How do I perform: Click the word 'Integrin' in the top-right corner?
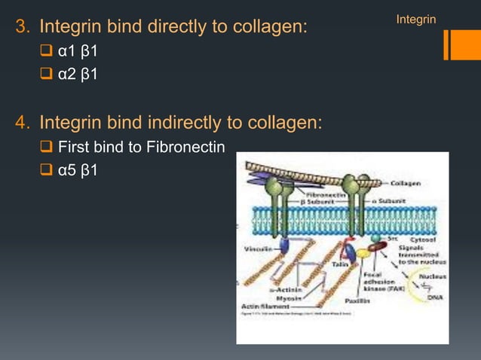pyautogui.click(x=415, y=18)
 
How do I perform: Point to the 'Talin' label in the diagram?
pyautogui.click(x=339, y=264)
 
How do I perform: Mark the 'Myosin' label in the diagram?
pyautogui.click(x=288, y=297)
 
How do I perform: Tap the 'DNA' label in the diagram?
pyautogui.click(x=435, y=297)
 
